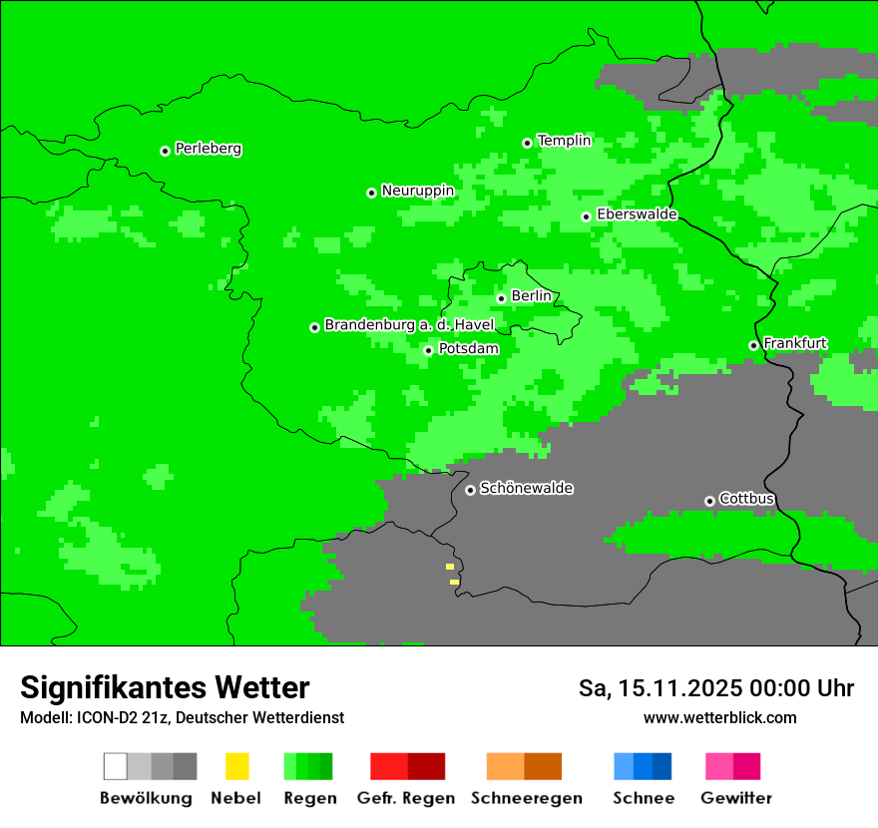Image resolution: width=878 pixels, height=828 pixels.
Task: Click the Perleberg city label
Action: point(208,149)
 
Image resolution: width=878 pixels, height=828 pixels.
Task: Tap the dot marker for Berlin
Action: point(501,298)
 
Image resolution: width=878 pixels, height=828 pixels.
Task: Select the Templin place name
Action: point(564,141)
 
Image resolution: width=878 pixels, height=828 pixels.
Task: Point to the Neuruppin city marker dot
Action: point(371,193)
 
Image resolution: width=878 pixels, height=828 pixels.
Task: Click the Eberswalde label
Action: point(637,214)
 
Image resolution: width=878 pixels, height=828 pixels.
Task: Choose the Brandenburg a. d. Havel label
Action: point(409,325)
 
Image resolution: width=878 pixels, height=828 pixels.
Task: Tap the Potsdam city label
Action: point(468,349)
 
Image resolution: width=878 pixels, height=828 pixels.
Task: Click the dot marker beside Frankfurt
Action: point(753,346)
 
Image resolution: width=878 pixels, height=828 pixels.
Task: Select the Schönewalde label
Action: point(526,489)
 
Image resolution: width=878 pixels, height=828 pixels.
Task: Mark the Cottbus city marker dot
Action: point(709,501)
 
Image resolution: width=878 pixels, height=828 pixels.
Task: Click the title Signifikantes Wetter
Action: point(165,688)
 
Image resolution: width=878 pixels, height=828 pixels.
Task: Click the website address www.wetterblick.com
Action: point(719,718)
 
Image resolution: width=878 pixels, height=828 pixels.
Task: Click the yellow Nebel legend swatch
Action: point(236,766)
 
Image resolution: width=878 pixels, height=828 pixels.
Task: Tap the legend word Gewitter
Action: point(735,798)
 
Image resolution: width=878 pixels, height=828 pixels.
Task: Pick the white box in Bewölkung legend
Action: point(116,766)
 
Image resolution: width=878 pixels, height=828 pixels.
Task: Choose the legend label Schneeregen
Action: point(526,798)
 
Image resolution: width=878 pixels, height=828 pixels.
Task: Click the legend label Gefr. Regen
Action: point(405,798)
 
